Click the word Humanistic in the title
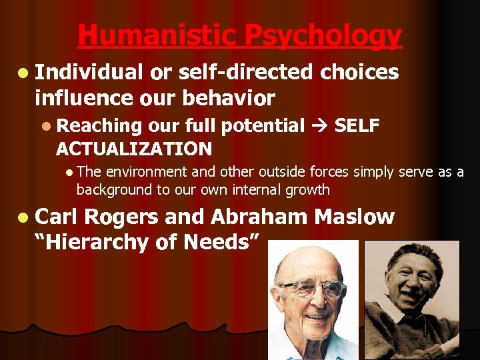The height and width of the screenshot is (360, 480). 157,36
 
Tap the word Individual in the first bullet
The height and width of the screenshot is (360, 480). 89,72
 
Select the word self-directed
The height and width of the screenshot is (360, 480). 243,72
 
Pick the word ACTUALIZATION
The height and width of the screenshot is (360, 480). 134,148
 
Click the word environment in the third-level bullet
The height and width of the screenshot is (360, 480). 140,173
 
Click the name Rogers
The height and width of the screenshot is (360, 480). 121,217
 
